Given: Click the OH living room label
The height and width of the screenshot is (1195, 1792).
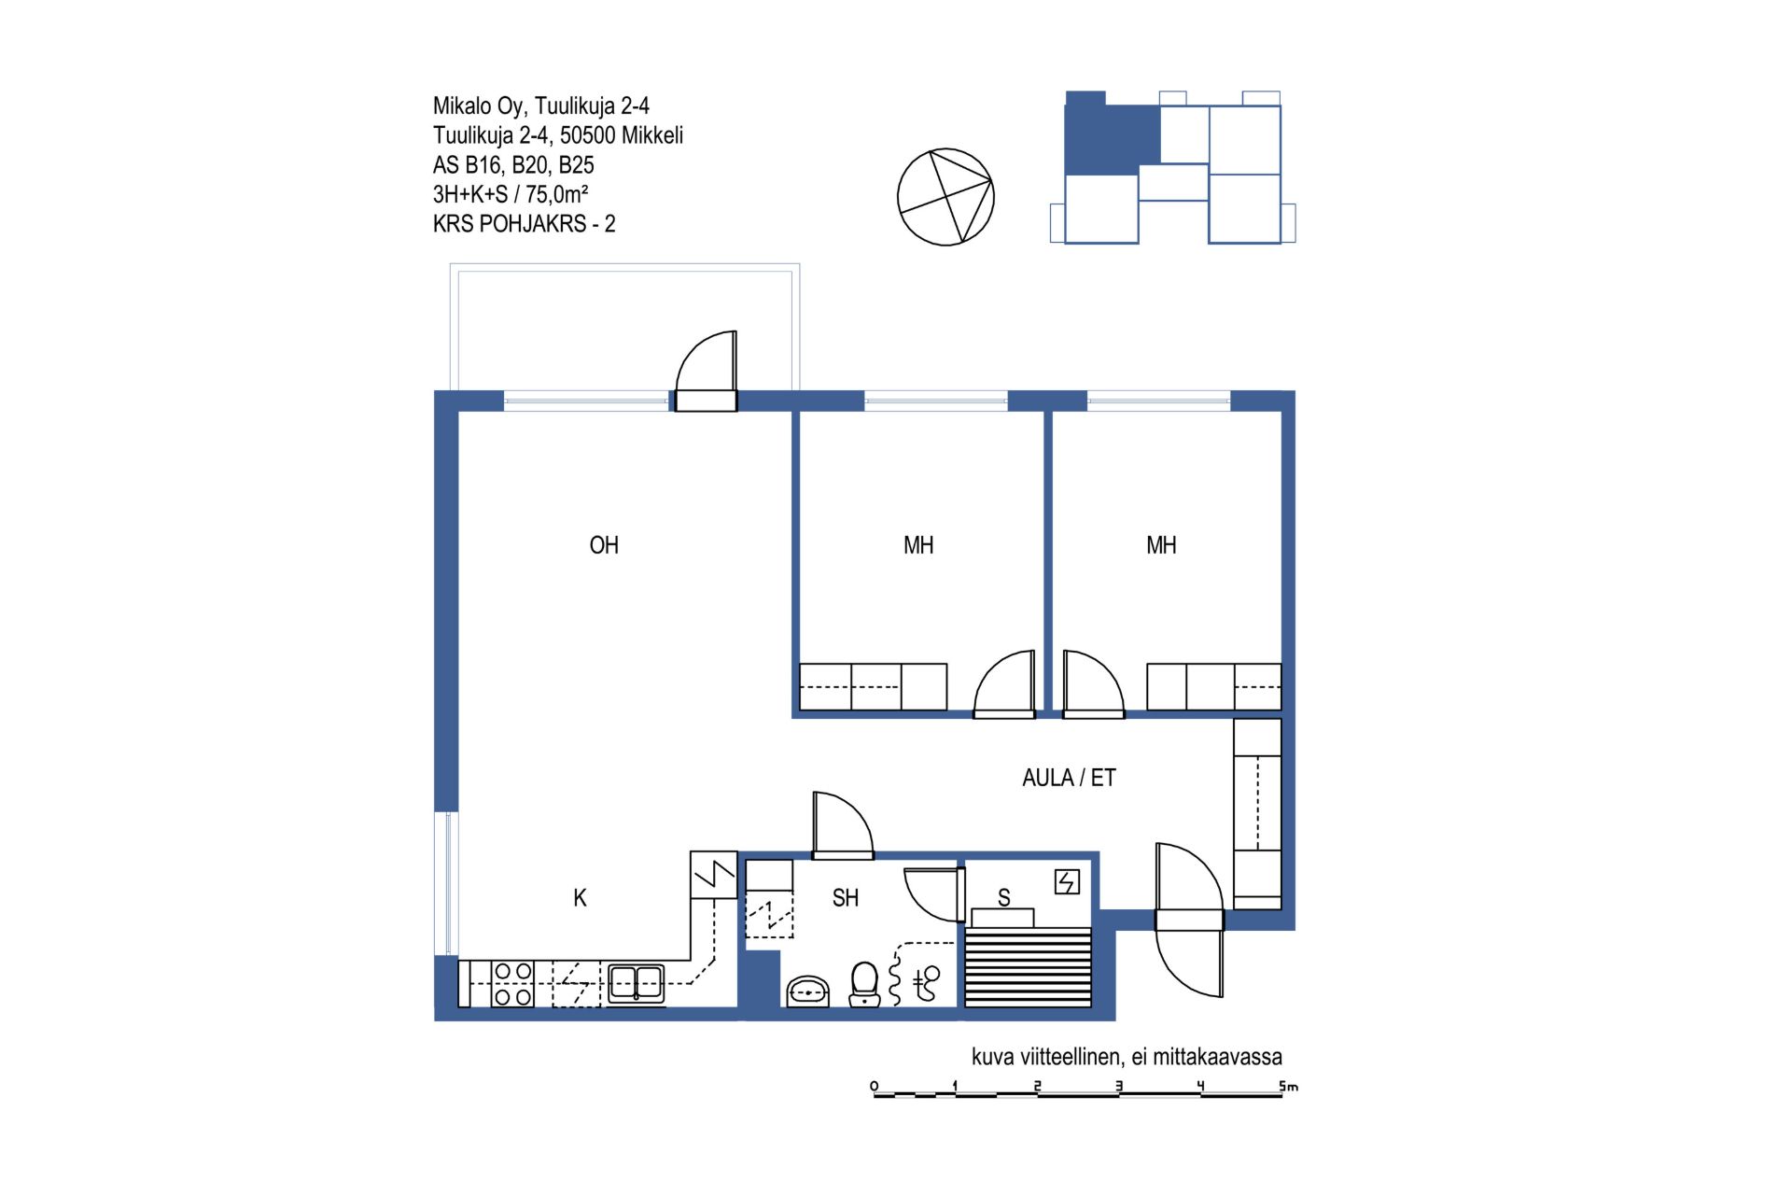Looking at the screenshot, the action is point(604,545).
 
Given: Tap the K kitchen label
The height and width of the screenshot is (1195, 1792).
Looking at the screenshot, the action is point(580,898).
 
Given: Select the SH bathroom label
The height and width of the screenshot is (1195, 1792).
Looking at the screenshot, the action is point(845,898).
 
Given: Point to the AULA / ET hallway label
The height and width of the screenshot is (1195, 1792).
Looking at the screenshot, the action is point(1069,778).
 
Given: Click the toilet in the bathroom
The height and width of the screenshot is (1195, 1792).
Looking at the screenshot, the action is point(864,984).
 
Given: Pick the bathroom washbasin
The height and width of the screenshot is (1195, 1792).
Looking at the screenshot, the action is point(808,991).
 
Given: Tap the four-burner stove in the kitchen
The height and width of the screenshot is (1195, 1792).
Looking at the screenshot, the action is point(512,984).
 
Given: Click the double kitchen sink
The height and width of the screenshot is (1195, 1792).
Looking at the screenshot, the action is point(637,984).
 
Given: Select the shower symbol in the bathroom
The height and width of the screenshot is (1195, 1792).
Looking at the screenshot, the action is point(926,984).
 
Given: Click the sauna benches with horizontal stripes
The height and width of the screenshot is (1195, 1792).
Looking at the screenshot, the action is point(1028,966).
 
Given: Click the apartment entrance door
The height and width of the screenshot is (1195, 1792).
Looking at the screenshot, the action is point(1189,920).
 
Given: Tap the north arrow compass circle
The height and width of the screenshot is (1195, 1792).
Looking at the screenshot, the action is point(945,197).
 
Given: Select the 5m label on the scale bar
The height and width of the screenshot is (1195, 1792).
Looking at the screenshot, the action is point(1288,1086).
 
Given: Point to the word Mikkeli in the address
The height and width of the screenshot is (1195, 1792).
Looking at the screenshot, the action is point(652,135).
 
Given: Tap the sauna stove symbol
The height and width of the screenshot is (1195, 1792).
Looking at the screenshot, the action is point(1067,881).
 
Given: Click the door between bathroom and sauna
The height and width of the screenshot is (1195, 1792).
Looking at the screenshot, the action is point(934,893).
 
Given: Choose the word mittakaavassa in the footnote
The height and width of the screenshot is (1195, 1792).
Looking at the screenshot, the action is point(1218,1057).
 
